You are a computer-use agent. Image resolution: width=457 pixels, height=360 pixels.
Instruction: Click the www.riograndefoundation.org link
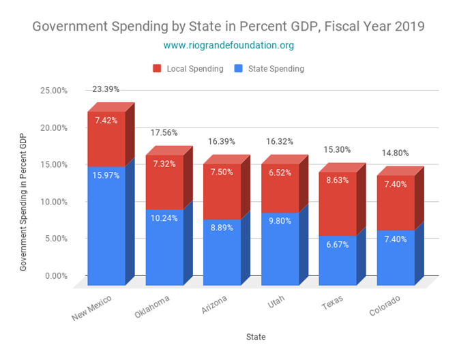228,46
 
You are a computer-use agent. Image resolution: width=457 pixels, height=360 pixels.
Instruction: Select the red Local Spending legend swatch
157,69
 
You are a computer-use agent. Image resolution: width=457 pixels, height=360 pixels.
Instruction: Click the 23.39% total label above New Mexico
106,89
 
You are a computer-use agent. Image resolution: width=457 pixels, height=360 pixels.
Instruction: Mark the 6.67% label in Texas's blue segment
338,245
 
